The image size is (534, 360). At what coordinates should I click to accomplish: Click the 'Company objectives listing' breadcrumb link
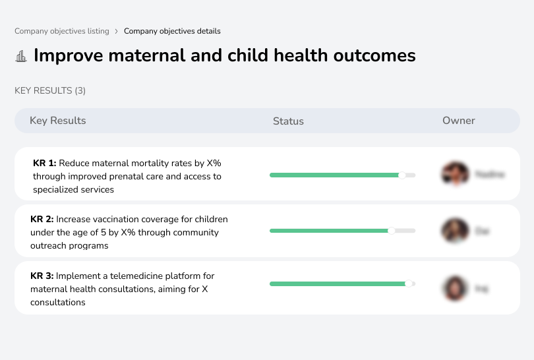click(x=61, y=31)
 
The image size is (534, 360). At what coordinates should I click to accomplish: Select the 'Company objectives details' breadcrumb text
click(x=172, y=31)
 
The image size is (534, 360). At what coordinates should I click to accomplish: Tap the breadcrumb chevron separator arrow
click(x=117, y=31)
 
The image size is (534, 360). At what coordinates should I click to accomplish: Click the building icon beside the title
click(x=21, y=56)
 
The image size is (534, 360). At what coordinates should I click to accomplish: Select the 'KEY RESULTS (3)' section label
click(x=50, y=90)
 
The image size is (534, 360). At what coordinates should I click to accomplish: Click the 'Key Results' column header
click(x=58, y=121)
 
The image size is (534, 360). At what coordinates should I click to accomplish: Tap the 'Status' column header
click(x=288, y=121)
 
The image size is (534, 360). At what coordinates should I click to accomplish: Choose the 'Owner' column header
click(x=459, y=121)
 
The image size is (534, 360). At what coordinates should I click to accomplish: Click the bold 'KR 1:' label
click(x=45, y=163)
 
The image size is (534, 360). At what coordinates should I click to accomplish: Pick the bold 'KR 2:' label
click(x=42, y=220)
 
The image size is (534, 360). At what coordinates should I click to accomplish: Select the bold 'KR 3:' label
click(x=42, y=276)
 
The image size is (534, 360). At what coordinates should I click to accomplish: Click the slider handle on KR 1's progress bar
click(x=402, y=175)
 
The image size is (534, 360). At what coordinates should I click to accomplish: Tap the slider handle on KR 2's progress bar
click(x=392, y=231)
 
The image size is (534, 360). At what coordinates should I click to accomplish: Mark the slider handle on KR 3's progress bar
click(x=409, y=284)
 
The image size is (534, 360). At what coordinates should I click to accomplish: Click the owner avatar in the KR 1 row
click(x=455, y=174)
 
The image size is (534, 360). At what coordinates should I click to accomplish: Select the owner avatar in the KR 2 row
click(x=455, y=231)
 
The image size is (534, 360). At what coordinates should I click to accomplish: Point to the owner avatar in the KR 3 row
click(x=455, y=288)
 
